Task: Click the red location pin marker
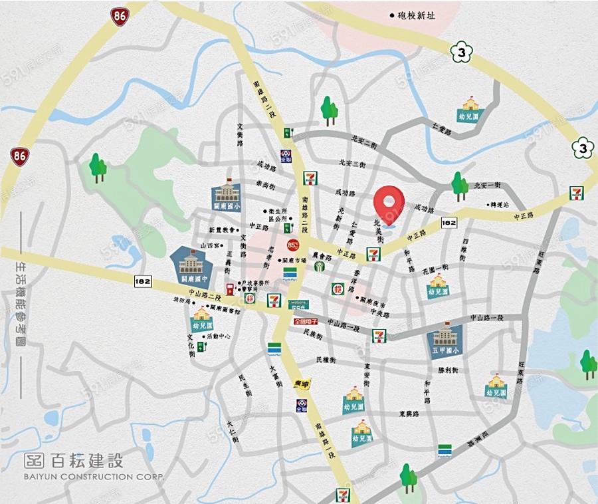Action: (389, 202)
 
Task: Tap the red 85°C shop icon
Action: (293, 244)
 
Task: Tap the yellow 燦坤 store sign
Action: (302, 384)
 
